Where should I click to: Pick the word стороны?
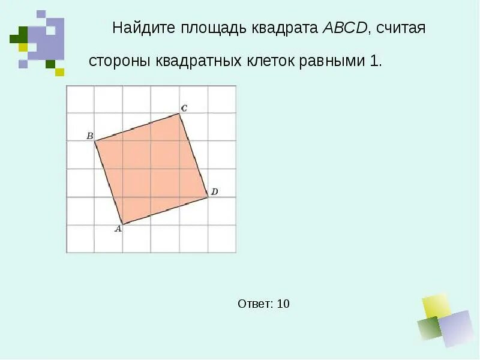click(x=120, y=62)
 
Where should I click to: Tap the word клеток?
click(x=268, y=62)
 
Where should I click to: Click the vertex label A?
click(x=118, y=229)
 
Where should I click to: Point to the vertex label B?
click(x=89, y=136)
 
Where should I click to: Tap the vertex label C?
click(x=184, y=108)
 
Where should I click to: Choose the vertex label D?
click(x=214, y=192)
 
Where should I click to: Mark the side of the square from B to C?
click(x=137, y=127)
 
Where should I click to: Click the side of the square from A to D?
click(x=165, y=211)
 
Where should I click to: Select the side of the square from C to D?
click(x=194, y=155)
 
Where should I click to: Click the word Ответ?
click(x=254, y=304)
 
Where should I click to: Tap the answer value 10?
click(x=283, y=304)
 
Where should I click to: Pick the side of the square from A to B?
click(x=109, y=183)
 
